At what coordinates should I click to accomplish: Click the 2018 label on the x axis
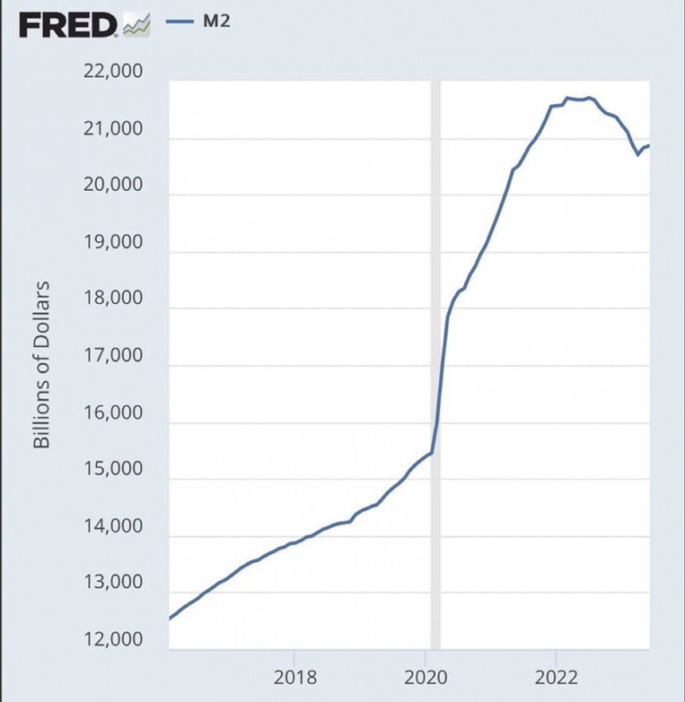[x=294, y=678]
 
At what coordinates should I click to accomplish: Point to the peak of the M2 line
[x=568, y=98]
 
